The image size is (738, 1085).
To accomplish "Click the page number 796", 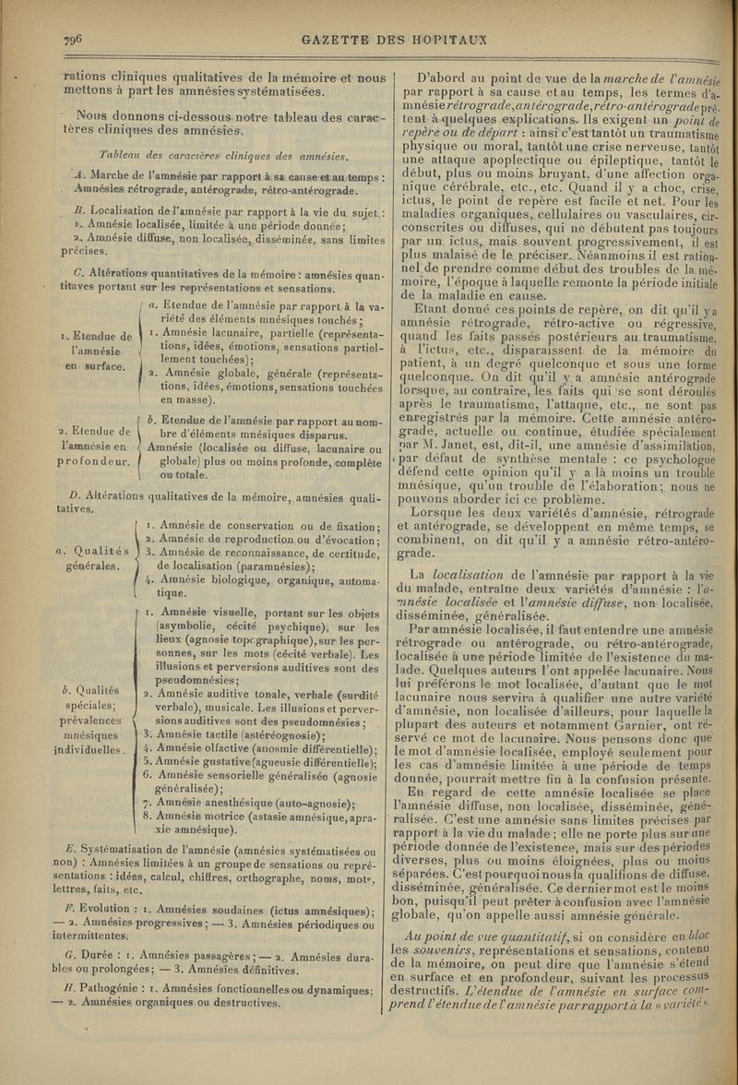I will pos(75,40).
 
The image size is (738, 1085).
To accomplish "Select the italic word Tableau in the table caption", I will pos(125,152).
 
